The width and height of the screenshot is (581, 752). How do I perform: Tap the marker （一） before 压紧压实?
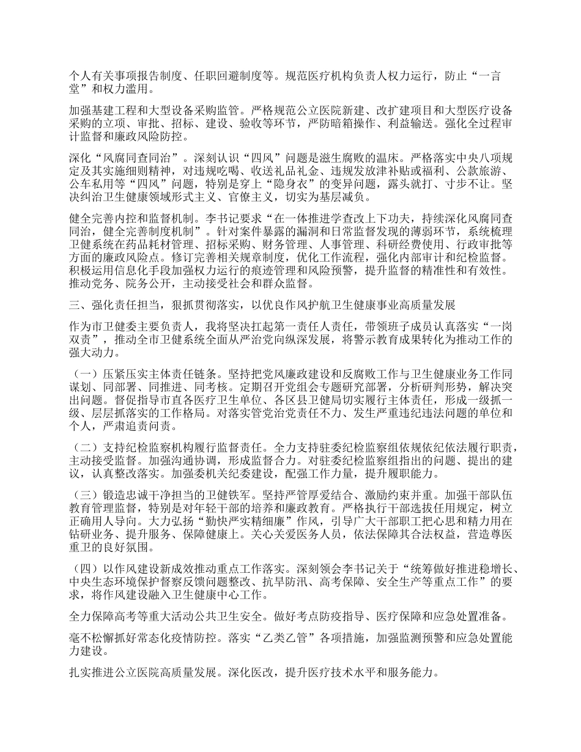coord(83,374)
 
